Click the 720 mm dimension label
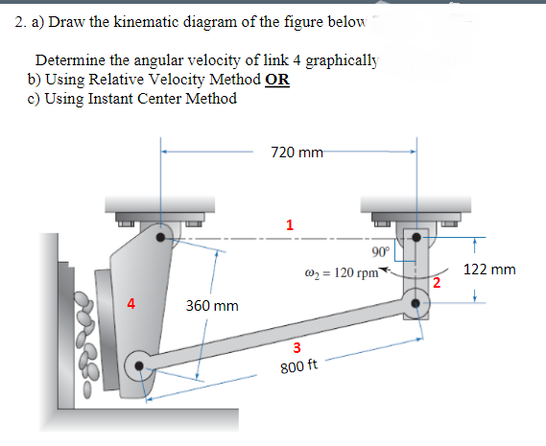point(297,151)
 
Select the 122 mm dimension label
point(489,270)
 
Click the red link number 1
point(289,224)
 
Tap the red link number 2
point(437,282)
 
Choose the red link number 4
point(131,306)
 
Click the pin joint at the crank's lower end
point(416,301)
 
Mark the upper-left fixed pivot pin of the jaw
point(160,233)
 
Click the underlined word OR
point(276,80)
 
